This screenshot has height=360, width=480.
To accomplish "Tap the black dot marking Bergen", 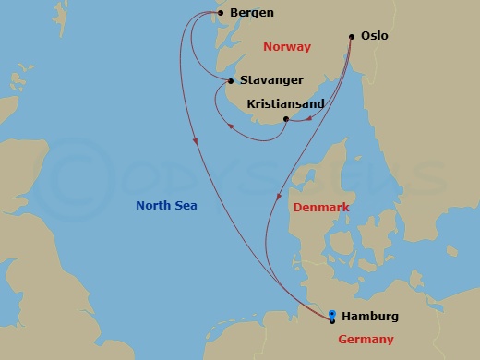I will pyautogui.click(x=221, y=13).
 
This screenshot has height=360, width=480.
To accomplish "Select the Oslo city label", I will pyautogui.click(x=378, y=36).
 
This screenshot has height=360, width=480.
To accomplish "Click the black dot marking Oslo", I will pyautogui.click(x=352, y=37).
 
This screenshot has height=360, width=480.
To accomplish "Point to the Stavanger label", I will pyautogui.click(x=271, y=80).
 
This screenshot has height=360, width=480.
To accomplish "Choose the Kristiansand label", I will pyautogui.click(x=286, y=104).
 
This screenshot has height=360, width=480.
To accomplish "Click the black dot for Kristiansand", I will pyautogui.click(x=286, y=119).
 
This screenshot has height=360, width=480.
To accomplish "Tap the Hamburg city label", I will pyautogui.click(x=370, y=317).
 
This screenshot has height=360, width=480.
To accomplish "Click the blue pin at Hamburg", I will pyautogui.click(x=332, y=313).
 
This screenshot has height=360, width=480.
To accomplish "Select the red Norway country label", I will pyautogui.click(x=287, y=46).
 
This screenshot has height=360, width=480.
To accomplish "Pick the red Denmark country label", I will pyautogui.click(x=321, y=208).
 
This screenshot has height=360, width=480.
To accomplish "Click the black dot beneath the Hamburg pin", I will pyautogui.click(x=332, y=320).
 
